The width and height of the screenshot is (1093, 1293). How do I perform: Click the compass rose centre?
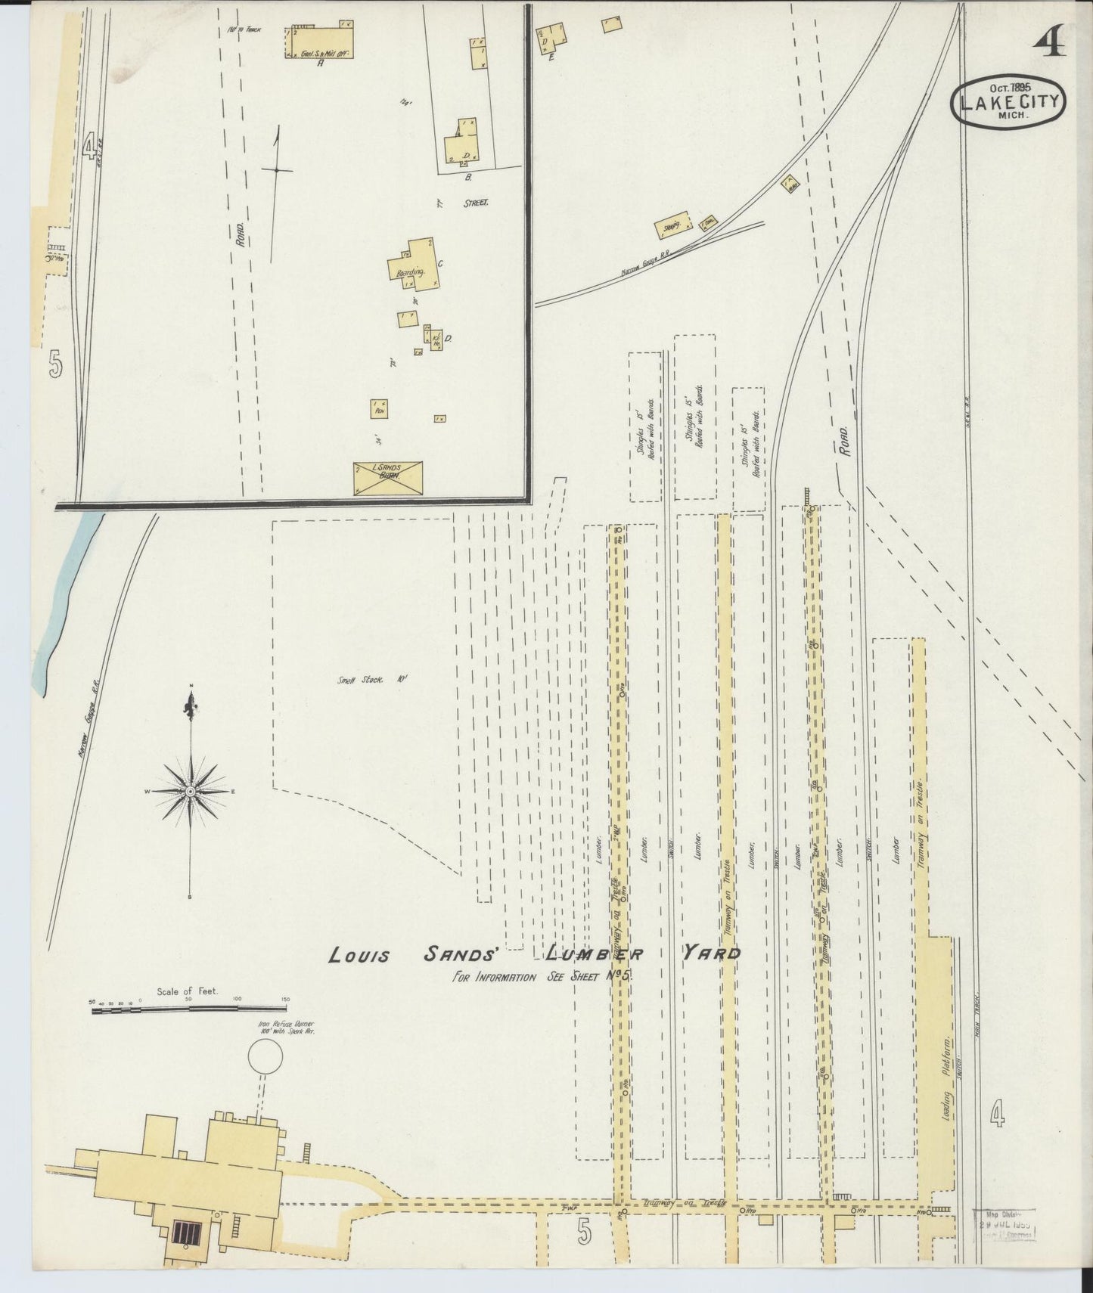pyautogui.click(x=191, y=791)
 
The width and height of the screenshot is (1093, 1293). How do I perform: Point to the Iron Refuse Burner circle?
pyautogui.click(x=265, y=1056)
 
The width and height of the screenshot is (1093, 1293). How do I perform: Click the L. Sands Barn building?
pyautogui.click(x=388, y=479)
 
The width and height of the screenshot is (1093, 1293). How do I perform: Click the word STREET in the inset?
pyautogui.click(x=476, y=203)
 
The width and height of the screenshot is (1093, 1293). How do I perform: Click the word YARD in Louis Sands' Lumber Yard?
pyautogui.click(x=711, y=953)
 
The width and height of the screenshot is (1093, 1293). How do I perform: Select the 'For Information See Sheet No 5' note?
pyautogui.click(x=541, y=975)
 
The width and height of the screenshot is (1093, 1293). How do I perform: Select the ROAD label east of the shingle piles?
pyautogui.click(x=844, y=439)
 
